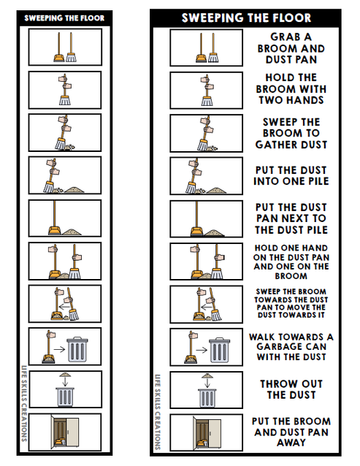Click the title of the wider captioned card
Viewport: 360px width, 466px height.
246,18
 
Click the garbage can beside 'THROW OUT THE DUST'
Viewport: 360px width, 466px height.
205,395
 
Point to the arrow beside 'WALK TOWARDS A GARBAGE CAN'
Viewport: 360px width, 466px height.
202,348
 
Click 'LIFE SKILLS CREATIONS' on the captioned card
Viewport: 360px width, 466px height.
156,411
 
